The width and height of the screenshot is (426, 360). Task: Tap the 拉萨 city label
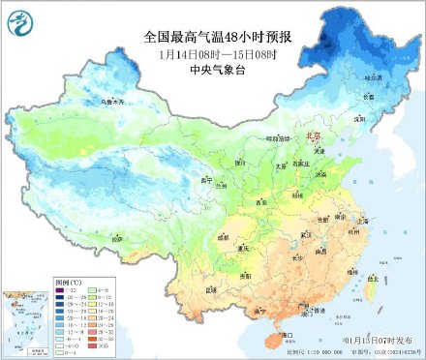click(116, 236)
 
